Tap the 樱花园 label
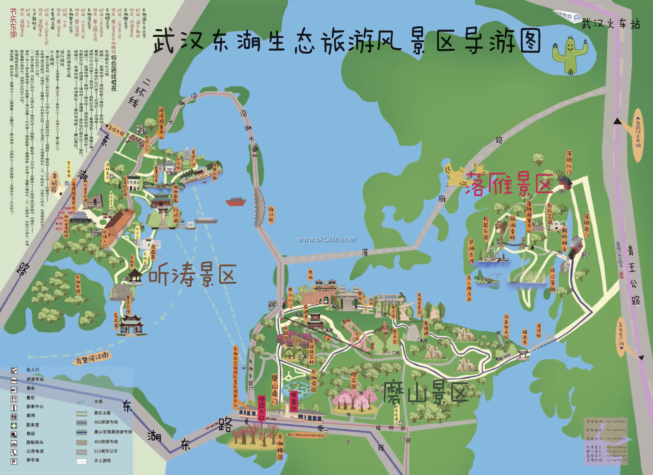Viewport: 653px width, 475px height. (354, 380)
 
